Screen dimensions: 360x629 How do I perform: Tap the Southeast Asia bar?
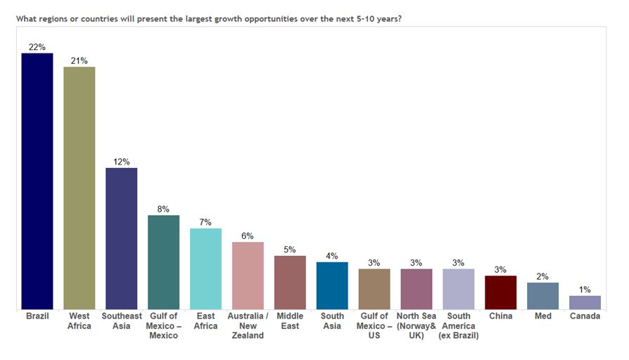coord(121,238)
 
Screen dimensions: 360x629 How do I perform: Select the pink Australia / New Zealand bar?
coord(248,276)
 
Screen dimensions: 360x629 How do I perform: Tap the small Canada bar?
coord(585,302)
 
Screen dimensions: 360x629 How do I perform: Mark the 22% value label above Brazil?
coord(37,47)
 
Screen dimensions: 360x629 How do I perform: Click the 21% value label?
coord(80,60)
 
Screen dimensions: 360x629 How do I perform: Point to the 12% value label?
coord(121,162)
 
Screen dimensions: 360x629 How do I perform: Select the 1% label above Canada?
coord(585,289)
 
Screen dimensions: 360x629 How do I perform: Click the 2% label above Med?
coord(542,276)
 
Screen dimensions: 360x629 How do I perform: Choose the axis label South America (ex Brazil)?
coord(458,326)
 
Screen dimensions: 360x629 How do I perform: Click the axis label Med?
coord(542,316)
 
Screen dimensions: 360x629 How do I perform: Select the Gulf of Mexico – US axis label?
coord(374,326)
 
